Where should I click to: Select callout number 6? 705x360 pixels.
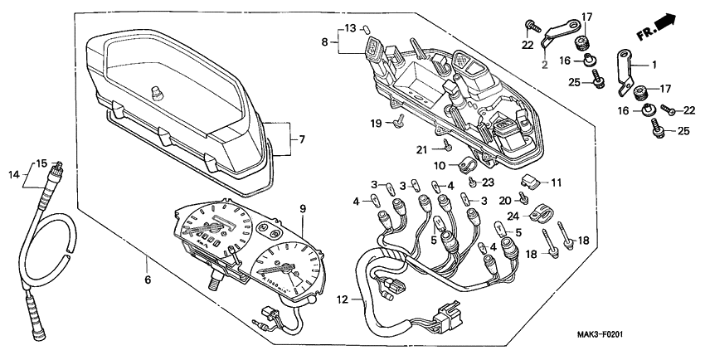point(148,281)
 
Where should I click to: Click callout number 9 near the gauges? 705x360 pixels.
point(303,207)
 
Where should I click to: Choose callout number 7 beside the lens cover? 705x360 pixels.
point(302,139)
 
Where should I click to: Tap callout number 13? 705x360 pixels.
point(350,28)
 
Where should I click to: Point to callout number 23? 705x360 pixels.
point(488,181)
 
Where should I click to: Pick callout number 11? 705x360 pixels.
point(555,181)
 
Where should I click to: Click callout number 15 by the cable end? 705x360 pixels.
point(41,163)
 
